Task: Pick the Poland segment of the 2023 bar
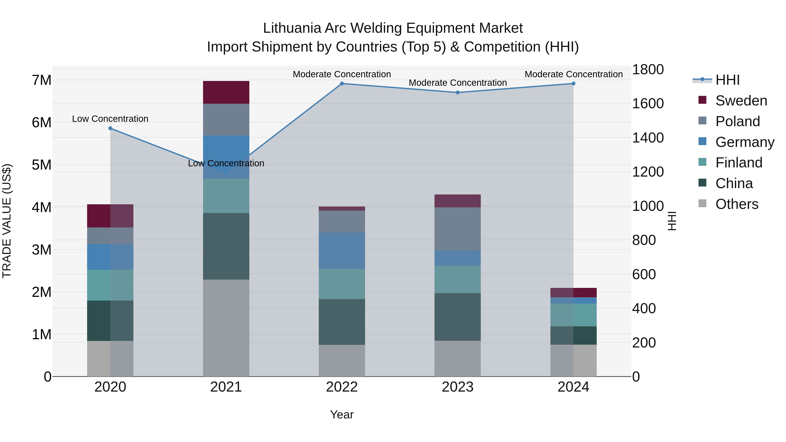(457, 229)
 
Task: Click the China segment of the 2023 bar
(457, 317)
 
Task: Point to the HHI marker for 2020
(110, 128)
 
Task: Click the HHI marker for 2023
(457, 92)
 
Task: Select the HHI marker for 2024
(573, 84)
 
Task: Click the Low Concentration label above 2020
(110, 119)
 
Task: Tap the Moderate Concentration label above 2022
(342, 74)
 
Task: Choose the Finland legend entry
(738, 163)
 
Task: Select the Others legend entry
(737, 204)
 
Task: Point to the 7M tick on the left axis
(42, 80)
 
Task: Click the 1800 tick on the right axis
(648, 70)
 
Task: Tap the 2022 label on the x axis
(342, 387)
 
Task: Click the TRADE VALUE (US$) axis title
(7, 221)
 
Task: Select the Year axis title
(342, 414)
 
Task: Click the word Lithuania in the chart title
(292, 28)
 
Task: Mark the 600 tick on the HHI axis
(644, 274)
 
